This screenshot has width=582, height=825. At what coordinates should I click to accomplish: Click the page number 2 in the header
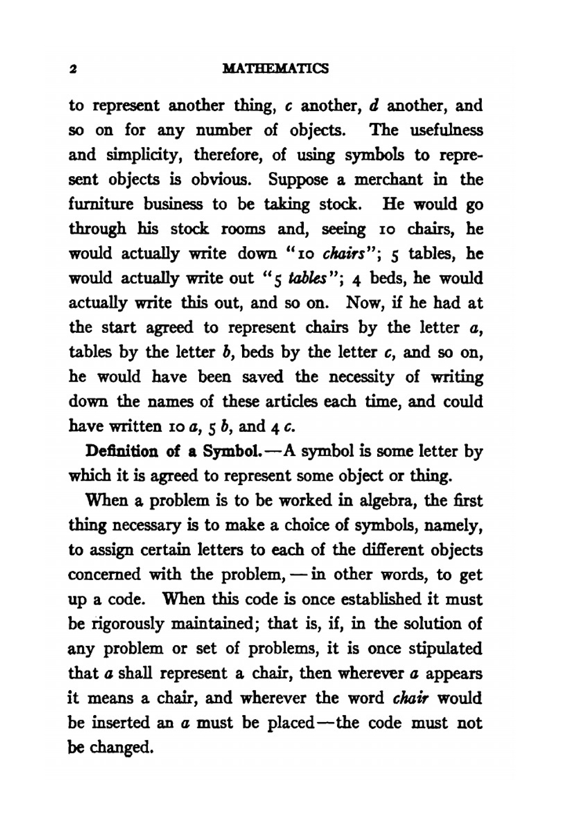73,69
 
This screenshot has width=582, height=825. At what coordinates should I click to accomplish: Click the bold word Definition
121,451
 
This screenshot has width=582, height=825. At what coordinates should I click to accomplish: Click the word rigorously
126,624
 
